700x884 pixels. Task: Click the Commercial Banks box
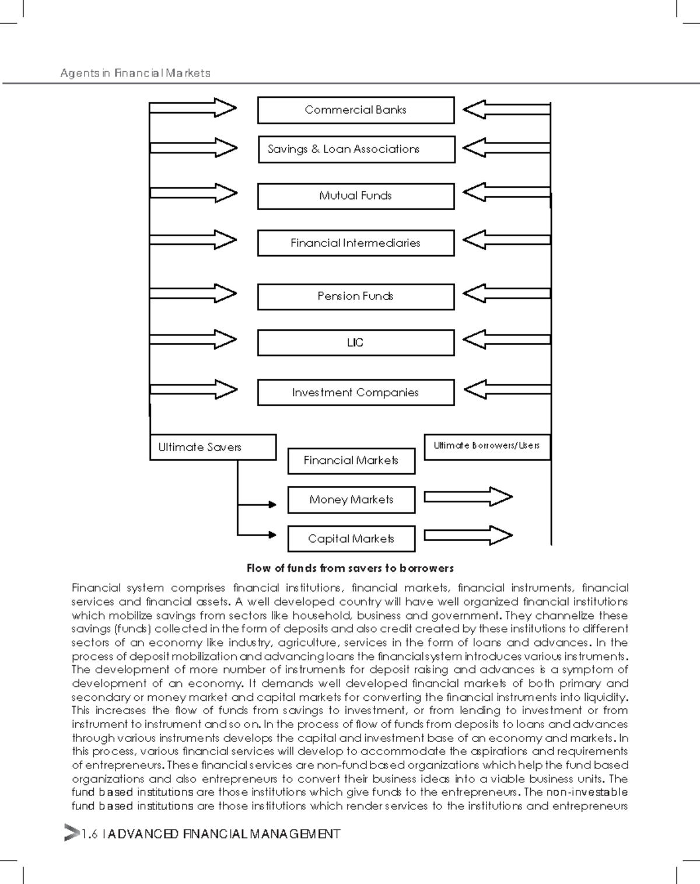355,110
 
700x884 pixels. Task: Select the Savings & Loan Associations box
356,149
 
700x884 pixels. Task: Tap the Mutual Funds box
355,196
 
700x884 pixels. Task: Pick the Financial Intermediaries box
355,243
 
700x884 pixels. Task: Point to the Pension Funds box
355,296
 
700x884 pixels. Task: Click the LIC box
355,343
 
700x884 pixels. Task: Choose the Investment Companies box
355,393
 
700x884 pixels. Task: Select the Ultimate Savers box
212,448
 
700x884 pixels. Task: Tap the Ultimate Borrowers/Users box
487,446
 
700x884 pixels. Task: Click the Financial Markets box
351,461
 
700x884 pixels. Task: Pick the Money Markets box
351,500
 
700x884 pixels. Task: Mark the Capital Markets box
351,539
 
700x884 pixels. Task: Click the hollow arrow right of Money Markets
468,497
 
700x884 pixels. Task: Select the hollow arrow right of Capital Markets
468,536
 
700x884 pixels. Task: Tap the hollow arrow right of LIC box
506,339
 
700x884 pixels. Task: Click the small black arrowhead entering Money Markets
272,504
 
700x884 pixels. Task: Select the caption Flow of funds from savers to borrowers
350,568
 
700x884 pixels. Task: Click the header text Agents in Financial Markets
135,74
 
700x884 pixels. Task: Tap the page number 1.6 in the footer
89,834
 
